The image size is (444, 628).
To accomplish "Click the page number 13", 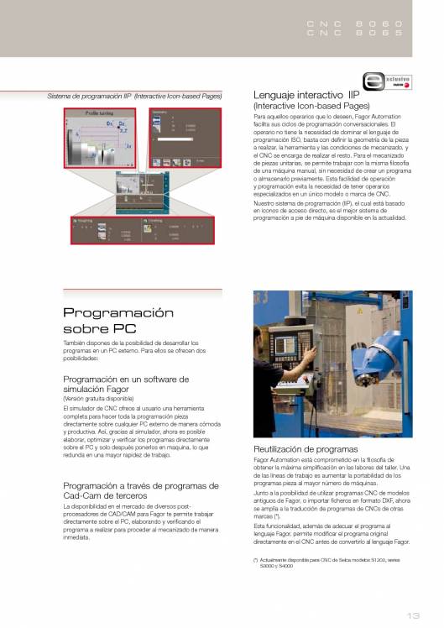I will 414,613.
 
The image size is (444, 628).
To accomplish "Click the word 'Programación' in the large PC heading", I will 118,312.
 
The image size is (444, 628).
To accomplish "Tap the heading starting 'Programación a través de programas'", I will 140,490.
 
